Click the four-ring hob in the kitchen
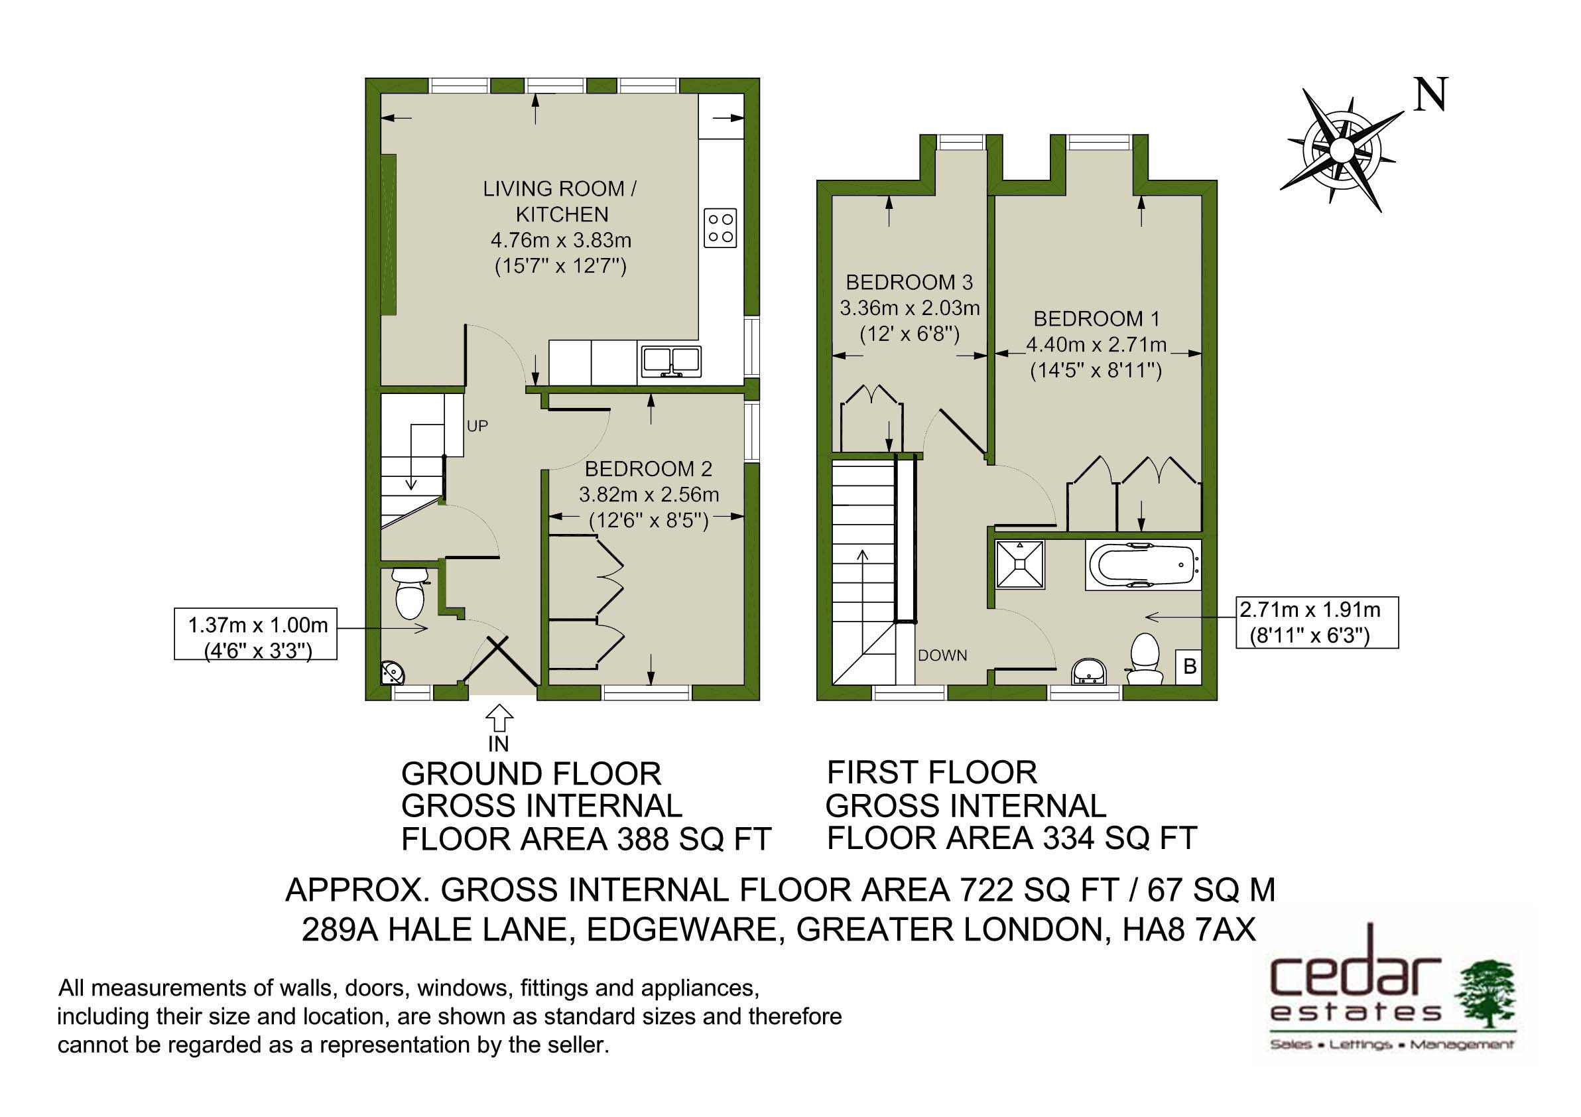[720, 228]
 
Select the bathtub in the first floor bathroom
[1143, 564]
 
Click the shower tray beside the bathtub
[1021, 564]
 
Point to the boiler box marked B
[1189, 667]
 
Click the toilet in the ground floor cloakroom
[410, 593]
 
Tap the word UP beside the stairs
[477, 427]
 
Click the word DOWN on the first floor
[942, 655]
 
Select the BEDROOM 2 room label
[649, 469]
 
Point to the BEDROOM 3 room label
[909, 283]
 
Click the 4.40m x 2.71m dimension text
[1096, 344]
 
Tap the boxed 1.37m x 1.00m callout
[255, 634]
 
